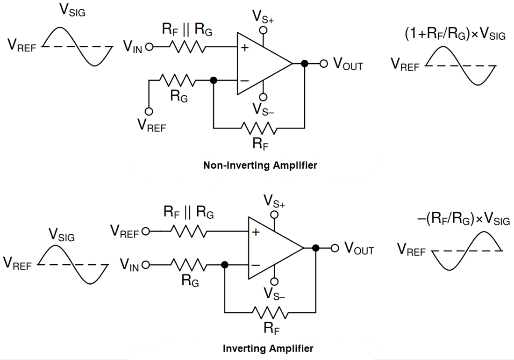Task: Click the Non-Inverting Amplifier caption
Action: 260,166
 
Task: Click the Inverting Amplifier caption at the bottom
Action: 268,348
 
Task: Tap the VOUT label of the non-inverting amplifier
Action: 348,65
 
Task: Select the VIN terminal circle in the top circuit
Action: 149,47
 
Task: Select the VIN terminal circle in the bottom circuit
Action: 145,265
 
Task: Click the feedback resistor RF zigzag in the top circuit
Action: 259,127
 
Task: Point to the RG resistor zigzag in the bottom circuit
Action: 188,265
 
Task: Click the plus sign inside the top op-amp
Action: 245,48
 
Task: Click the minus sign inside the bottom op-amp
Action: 256,265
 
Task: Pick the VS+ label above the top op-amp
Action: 264,16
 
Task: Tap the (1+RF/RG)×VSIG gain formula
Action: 455,34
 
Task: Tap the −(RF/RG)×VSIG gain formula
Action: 463,219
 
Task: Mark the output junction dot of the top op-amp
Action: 305,64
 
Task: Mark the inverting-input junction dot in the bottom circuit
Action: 225,265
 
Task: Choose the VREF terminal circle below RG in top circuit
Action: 149,111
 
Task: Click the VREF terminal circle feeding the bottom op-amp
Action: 145,231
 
